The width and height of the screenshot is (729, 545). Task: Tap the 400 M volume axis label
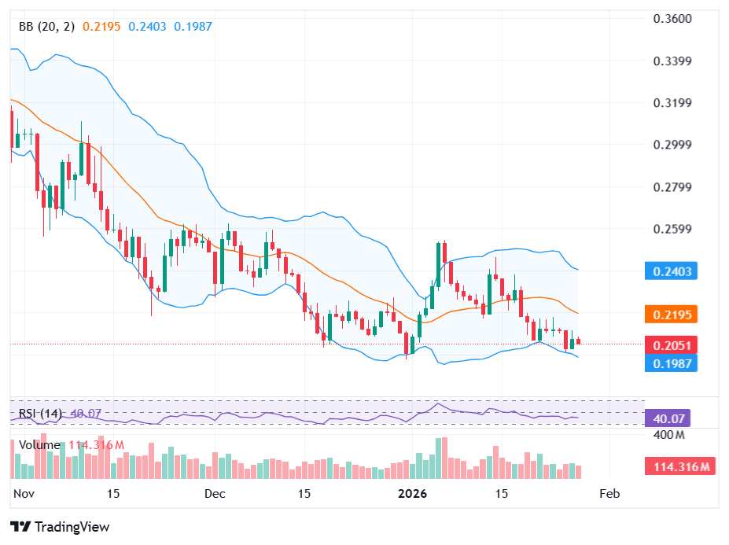[x=670, y=435]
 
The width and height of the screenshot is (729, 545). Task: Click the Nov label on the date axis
[x=25, y=494]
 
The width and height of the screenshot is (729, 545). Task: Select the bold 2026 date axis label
[x=413, y=494]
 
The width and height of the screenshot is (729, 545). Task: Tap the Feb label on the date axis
[x=609, y=494]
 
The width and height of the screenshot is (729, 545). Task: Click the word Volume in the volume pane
[x=39, y=445]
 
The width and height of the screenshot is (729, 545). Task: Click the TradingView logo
[x=60, y=527]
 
